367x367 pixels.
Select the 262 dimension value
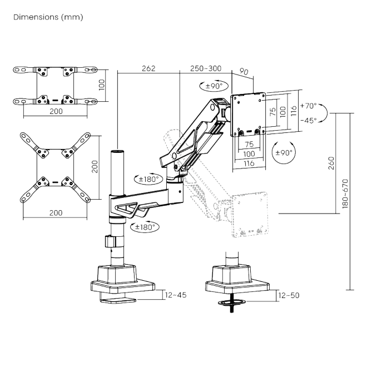(148, 68)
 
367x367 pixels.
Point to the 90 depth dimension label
(244, 71)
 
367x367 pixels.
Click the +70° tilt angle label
(308, 105)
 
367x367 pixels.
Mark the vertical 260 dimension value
(331, 163)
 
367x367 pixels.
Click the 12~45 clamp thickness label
(175, 295)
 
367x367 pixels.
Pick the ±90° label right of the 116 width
(284, 152)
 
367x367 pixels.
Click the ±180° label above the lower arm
(149, 179)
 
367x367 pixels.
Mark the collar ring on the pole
(110, 242)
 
